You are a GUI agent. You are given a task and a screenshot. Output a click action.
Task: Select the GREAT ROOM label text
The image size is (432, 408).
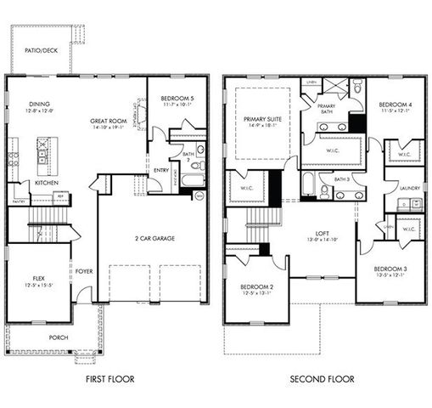click(109, 122)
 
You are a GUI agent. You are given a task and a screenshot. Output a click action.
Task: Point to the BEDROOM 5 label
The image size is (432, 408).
click(177, 99)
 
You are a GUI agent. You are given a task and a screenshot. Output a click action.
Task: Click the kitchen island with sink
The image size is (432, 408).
click(43, 151)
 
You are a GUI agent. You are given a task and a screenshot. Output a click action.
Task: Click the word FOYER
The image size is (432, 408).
click(83, 272)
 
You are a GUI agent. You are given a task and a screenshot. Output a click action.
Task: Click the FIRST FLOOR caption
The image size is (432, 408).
click(109, 379)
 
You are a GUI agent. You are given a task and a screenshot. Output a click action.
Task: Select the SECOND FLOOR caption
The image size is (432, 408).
click(322, 379)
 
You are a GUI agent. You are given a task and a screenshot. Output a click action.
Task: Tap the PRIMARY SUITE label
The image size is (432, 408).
click(262, 119)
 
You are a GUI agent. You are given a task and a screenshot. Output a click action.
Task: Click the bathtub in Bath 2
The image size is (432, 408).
click(192, 179)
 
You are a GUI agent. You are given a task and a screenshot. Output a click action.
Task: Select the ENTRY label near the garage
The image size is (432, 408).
click(160, 169)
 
